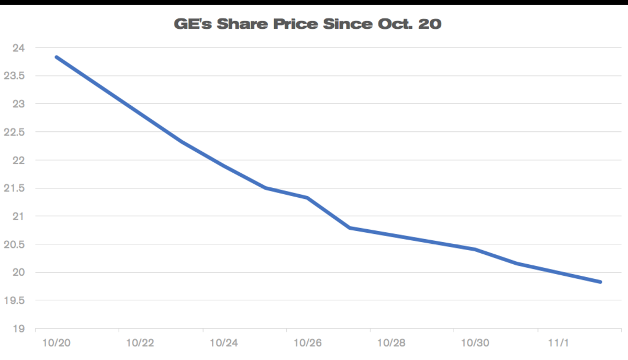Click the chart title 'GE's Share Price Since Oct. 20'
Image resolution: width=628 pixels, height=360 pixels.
pos(307,24)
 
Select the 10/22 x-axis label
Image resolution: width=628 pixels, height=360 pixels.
pos(140,343)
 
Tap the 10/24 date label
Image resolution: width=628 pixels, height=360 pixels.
pos(223,343)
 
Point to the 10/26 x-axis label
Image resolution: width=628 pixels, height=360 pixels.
pos(307,343)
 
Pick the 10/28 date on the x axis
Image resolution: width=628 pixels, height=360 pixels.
pos(391,343)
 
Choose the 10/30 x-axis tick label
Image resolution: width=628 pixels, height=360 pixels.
pos(475,343)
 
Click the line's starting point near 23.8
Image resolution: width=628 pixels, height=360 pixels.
pos(56,57)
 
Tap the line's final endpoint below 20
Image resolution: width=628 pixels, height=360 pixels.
pos(600,282)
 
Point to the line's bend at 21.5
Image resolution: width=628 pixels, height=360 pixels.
pos(265,187)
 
